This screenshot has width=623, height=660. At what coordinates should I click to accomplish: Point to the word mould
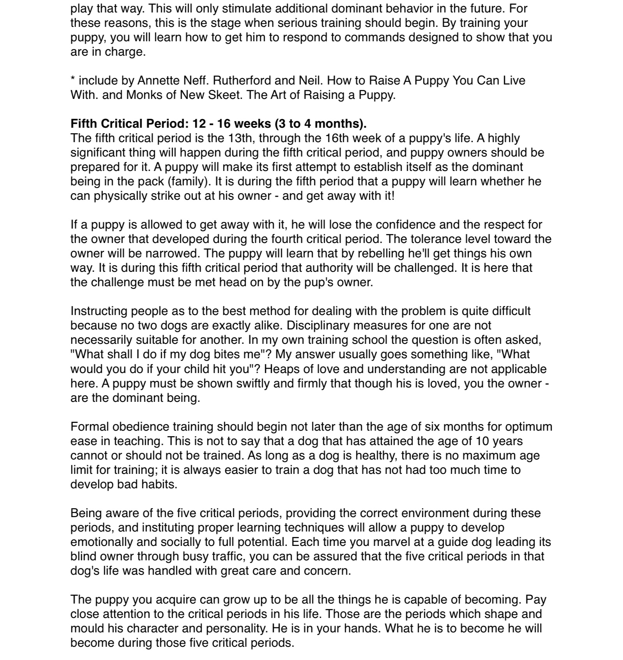[x=88, y=628]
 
